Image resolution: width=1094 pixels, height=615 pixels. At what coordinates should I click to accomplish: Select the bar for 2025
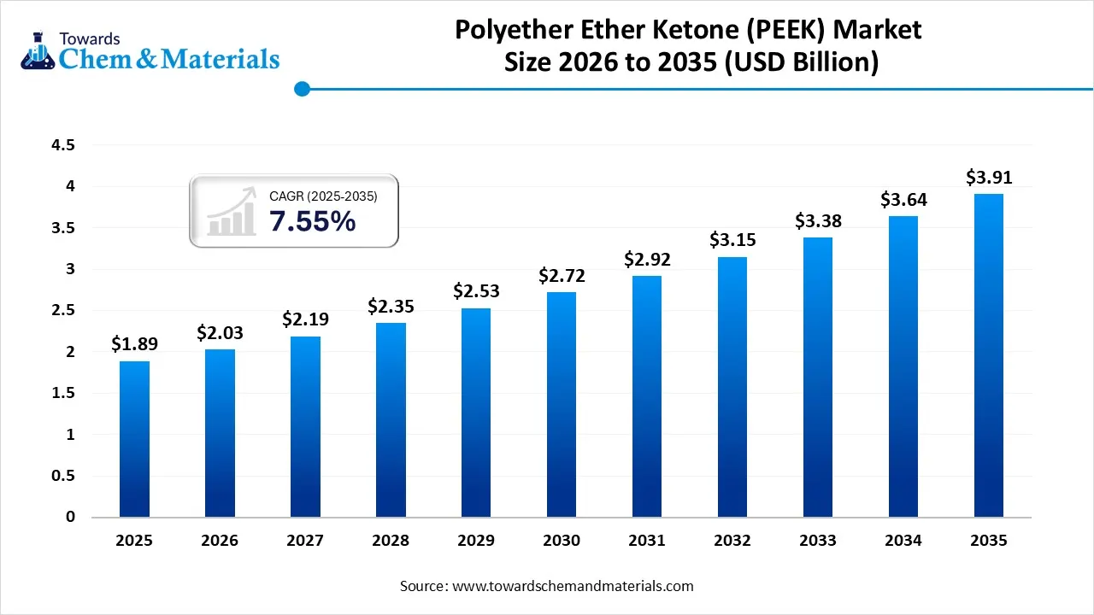134,439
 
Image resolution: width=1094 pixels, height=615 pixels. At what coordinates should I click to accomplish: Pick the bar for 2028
391,419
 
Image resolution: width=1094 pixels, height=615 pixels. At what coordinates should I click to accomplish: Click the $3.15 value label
732,240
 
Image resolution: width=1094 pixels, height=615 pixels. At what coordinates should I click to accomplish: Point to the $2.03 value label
220,332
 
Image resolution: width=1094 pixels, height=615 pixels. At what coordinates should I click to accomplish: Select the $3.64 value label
903,199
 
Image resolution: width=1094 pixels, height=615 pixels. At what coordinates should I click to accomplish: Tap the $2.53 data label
476,290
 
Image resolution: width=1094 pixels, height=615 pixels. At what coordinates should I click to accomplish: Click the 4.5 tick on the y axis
63,145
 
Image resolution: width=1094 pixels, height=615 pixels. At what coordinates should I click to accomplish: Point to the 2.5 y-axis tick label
63,311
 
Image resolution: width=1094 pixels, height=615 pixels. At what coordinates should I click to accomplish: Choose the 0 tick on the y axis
71,517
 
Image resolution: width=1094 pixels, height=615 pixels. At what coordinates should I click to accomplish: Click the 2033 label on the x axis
818,541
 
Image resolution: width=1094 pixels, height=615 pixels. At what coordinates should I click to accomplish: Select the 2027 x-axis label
305,541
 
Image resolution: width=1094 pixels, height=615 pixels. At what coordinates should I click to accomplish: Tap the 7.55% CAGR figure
312,221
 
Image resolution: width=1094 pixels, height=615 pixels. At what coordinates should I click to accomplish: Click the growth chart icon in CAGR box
232,212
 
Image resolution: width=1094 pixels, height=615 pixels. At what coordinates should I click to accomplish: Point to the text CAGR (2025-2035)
323,196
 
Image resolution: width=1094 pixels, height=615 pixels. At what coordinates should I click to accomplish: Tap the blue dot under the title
301,88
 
